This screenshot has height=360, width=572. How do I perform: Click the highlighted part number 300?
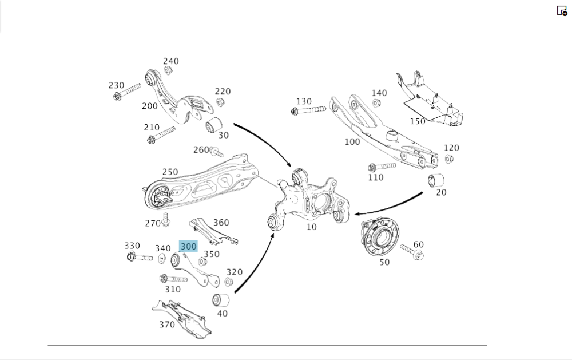188,247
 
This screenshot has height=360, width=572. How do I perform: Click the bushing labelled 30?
214,124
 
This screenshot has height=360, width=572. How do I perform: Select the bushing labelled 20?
437,180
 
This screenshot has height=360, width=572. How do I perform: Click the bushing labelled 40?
221,300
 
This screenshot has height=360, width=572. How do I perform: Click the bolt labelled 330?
139,257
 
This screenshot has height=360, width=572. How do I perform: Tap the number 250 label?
170,172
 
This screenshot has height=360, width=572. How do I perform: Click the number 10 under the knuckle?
311,227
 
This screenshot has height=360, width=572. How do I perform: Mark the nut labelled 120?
449,159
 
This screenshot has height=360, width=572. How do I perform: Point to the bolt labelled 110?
381,167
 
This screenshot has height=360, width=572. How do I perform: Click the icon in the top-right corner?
562,10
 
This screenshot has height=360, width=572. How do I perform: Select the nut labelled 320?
229,282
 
